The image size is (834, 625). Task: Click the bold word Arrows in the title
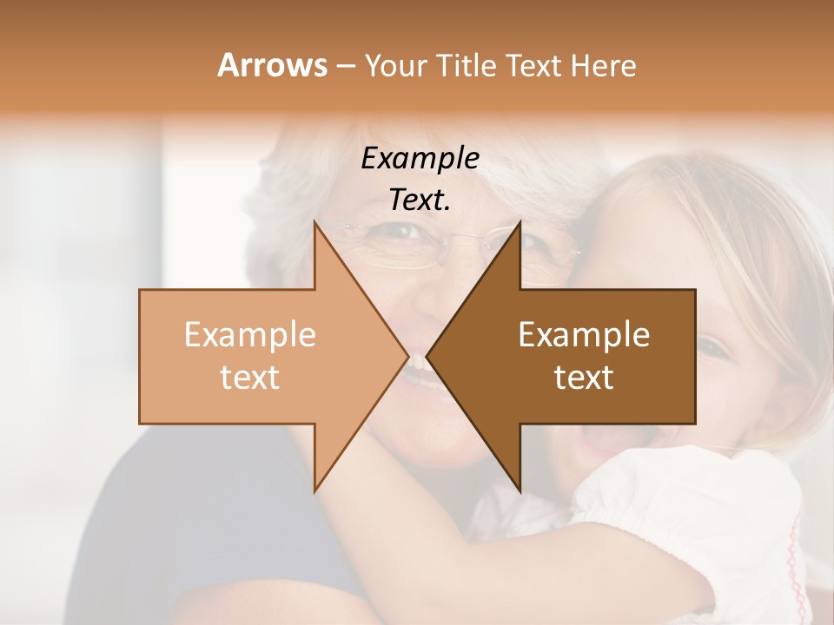273,65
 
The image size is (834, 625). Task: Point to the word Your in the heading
394,66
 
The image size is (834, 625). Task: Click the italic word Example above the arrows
420,158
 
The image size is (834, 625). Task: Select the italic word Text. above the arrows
420,200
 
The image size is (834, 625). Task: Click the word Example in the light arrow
250,335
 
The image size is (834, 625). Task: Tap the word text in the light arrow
250,378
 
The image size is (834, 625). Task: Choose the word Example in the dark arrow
584,335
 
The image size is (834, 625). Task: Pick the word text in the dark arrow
584,378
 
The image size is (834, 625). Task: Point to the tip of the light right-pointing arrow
408,357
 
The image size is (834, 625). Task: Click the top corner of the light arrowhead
314,222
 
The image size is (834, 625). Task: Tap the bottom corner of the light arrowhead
314,491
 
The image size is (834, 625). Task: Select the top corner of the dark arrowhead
520,222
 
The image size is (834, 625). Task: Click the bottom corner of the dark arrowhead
520,491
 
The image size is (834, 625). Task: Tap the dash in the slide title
345,66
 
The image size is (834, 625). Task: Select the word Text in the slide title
532,65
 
